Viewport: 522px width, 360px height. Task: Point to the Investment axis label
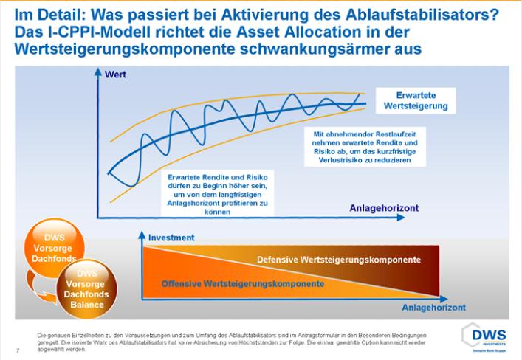point(171,238)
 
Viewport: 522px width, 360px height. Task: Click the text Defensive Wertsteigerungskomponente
point(339,260)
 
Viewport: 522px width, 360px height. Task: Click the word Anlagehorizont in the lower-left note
point(201,203)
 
